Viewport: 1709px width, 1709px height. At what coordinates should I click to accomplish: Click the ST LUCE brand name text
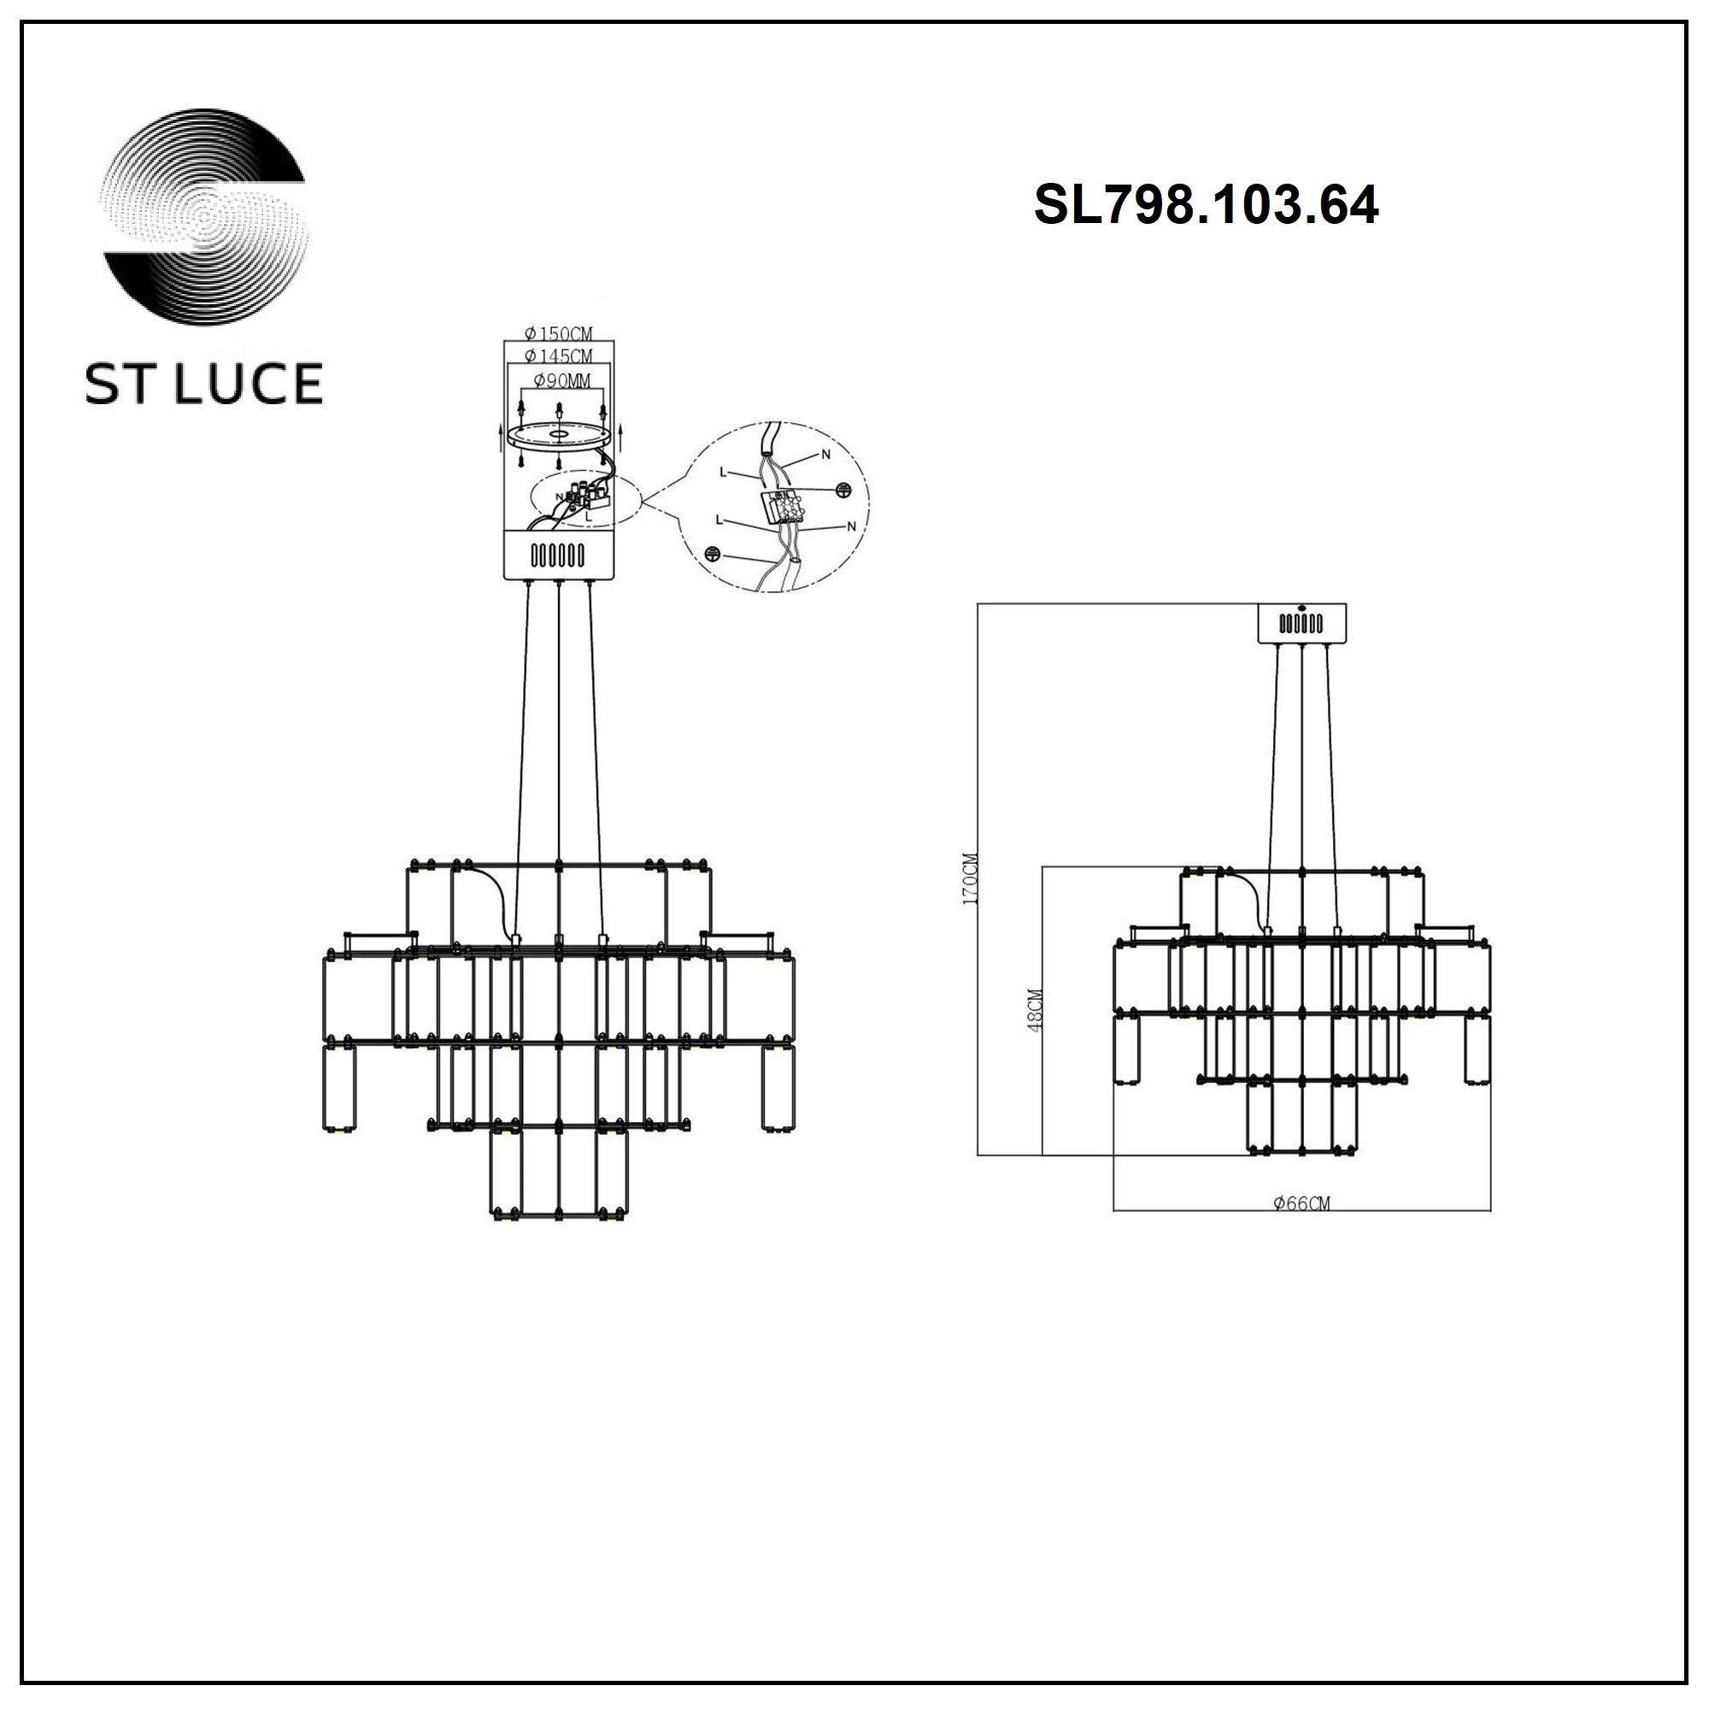(x=203, y=383)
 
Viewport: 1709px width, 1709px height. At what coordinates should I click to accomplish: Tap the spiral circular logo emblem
(x=204, y=218)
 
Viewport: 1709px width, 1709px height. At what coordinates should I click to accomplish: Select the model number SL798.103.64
(x=1206, y=206)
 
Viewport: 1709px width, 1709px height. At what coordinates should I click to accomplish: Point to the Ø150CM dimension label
(x=558, y=333)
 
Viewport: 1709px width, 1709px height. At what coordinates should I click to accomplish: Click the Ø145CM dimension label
(x=558, y=355)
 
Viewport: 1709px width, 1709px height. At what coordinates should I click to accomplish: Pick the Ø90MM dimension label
(x=562, y=381)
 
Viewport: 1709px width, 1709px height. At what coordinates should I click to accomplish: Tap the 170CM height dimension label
(x=972, y=878)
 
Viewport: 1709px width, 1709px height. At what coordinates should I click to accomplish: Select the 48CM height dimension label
(x=1036, y=1009)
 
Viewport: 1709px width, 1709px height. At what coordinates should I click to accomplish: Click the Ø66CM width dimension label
(x=1301, y=1203)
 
